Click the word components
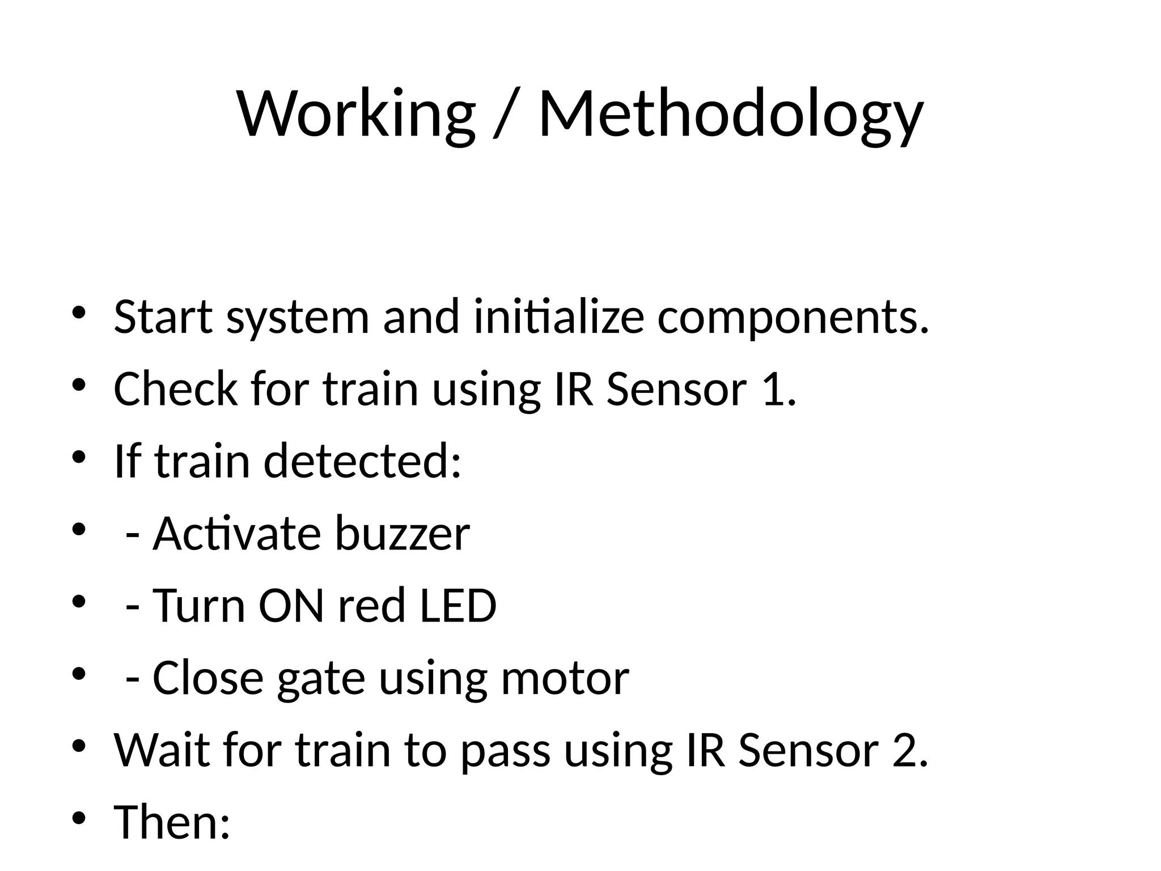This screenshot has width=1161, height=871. [793, 318]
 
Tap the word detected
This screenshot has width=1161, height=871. [362, 460]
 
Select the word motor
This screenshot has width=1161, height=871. [565, 678]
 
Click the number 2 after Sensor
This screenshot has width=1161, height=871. [908, 750]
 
